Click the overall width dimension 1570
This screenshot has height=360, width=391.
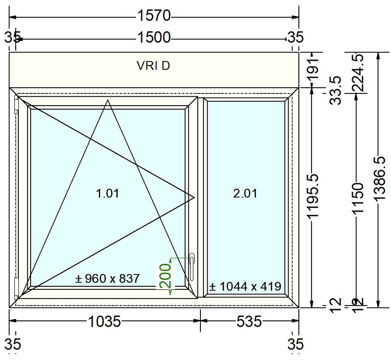coord(154,16)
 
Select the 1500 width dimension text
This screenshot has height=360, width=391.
coord(154,38)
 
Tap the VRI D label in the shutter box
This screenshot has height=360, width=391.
coord(153,66)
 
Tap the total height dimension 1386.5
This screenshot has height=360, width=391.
coord(379,179)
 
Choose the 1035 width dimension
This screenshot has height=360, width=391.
coord(104,321)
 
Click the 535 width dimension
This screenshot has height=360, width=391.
coord(249,321)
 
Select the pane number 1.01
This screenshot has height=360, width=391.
coord(108,194)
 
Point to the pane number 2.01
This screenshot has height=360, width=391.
coord(245,194)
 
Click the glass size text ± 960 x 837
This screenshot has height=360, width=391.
coord(107,279)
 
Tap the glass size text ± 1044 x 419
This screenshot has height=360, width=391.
coord(245,286)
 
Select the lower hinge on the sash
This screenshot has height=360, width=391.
coord(16,288)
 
